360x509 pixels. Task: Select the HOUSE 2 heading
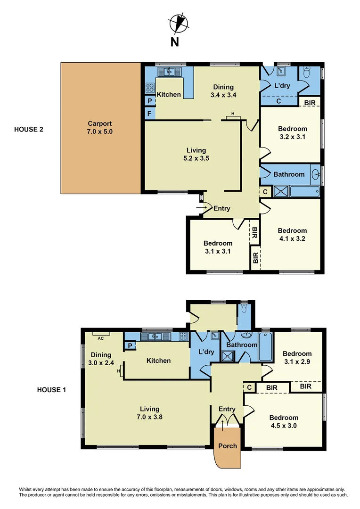[x=29, y=129]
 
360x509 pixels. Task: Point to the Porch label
[x=228, y=445]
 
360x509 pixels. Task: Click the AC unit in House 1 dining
[x=101, y=334]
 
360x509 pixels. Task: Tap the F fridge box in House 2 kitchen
[x=149, y=114]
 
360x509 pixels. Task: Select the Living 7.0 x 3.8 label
[x=149, y=413]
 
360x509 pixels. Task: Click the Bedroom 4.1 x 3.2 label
[x=292, y=234]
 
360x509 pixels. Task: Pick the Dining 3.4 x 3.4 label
[x=223, y=90]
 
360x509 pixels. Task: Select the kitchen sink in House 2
[x=166, y=72]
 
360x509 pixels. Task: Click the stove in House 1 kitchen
[x=183, y=337]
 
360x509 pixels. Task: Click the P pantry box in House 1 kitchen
[x=130, y=346]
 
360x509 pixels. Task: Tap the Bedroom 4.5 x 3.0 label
[x=284, y=421]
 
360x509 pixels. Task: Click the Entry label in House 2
[x=221, y=208]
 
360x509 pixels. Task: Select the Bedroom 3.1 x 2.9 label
[x=297, y=358]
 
